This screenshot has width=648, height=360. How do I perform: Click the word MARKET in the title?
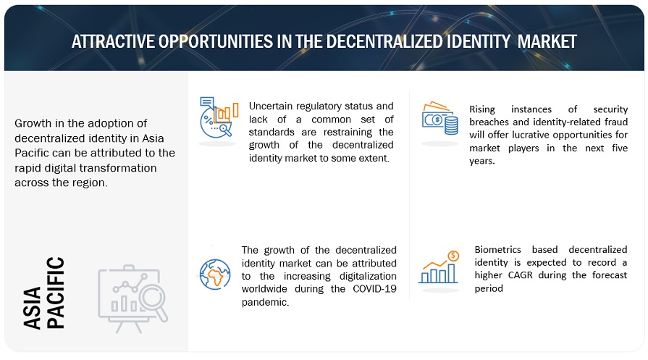tap(547, 41)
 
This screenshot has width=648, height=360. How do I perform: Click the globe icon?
tap(215, 274)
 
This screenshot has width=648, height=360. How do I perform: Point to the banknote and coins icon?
tap(440, 119)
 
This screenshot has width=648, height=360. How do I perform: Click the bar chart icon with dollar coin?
tap(439, 267)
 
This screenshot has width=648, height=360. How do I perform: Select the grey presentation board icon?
tap(132, 298)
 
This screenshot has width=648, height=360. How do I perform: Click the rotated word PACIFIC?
tap(56, 293)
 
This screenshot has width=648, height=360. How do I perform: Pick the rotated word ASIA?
tap(33, 308)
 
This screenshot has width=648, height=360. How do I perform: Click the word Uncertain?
tap(271, 106)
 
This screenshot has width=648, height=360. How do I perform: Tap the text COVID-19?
tap(374, 289)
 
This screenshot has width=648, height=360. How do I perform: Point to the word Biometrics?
tap(497, 250)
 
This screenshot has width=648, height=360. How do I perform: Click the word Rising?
tap(482, 109)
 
